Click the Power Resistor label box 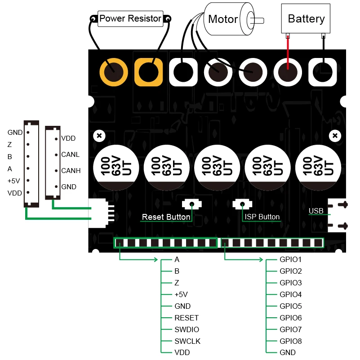(130, 18)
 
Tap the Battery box (306, 18)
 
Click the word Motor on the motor (223, 19)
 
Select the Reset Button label (166, 217)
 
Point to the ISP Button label (262, 217)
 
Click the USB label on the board (316, 211)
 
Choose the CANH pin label (71, 171)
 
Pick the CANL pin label (70, 155)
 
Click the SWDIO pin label (187, 329)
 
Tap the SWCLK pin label (187, 341)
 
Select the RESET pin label (186, 318)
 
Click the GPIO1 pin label (290, 260)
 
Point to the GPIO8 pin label (290, 341)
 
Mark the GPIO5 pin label (290, 306)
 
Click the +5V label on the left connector (14, 181)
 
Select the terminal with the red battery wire (287, 72)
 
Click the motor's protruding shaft (260, 20)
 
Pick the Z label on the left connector (9, 145)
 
